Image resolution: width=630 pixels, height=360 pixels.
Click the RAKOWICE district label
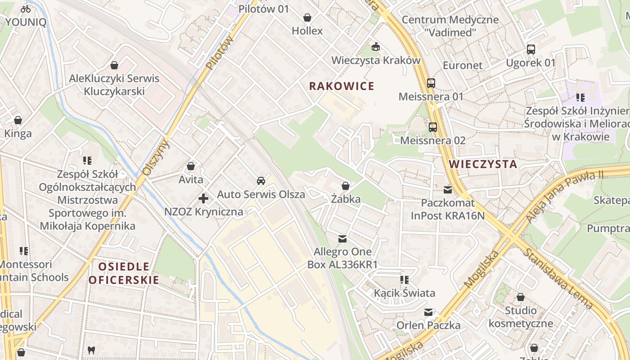tap(342, 86)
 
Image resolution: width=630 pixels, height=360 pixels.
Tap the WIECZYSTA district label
tap(483, 164)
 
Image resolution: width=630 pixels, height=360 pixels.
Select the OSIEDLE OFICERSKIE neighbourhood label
tap(124, 273)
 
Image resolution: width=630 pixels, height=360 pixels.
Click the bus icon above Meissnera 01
tap(431, 83)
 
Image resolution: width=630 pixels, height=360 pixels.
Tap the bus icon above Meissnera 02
tap(433, 127)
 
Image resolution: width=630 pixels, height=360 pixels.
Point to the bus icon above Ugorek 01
tap(531, 49)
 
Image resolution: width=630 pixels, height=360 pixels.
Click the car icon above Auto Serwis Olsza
tap(261, 181)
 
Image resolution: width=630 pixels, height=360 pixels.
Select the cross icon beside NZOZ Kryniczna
tap(203, 198)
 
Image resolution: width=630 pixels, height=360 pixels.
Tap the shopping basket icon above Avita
tap(191, 166)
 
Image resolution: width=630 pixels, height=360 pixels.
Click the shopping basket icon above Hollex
tap(307, 18)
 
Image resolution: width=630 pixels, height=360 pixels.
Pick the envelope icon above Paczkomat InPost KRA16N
tap(448, 190)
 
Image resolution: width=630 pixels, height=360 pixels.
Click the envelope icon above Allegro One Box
tap(342, 238)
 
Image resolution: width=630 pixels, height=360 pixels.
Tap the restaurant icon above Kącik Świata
tap(405, 280)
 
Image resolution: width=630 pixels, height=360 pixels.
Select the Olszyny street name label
tap(155, 157)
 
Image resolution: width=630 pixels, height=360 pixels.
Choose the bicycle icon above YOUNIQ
tap(26, 9)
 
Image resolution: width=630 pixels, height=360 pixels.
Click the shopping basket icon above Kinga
tap(18, 120)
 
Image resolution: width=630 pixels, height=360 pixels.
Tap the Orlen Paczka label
tap(428, 325)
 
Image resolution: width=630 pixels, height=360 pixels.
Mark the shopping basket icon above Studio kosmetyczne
tap(521, 297)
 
